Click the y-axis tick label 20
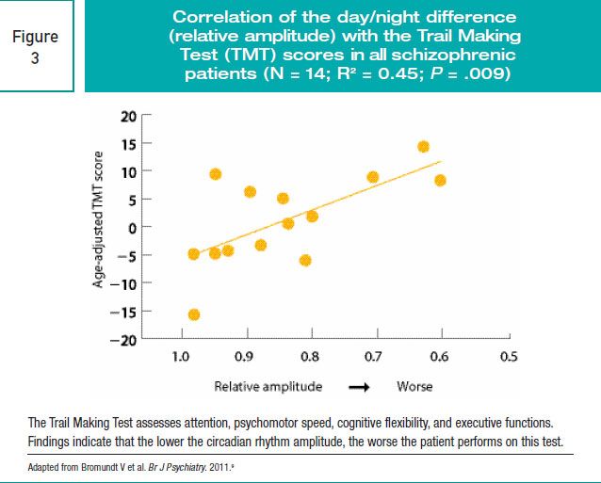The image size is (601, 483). coord(129,117)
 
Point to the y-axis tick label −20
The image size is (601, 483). coord(125,340)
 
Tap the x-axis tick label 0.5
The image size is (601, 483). coord(509,358)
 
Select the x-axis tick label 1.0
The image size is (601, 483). coord(183,358)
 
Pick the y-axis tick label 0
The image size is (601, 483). coord(134,228)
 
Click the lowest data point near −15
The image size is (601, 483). coord(194,314)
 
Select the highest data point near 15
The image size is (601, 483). coord(424,146)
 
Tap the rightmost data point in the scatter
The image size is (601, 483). coord(440,180)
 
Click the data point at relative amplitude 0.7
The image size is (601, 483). coord(373,177)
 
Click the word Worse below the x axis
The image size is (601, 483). coord(415,386)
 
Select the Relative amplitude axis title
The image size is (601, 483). coord(268,386)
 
